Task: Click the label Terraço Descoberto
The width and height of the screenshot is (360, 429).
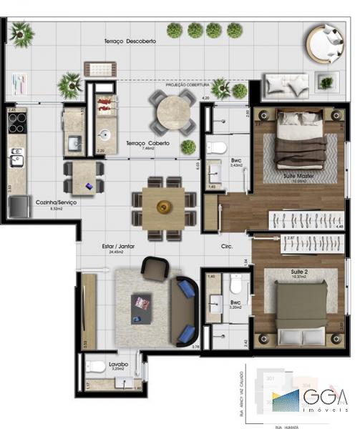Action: [x=130, y=42]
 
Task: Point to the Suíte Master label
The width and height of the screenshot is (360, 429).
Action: [x=281, y=175]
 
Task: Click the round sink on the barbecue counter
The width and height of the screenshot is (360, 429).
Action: [x=106, y=134]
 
